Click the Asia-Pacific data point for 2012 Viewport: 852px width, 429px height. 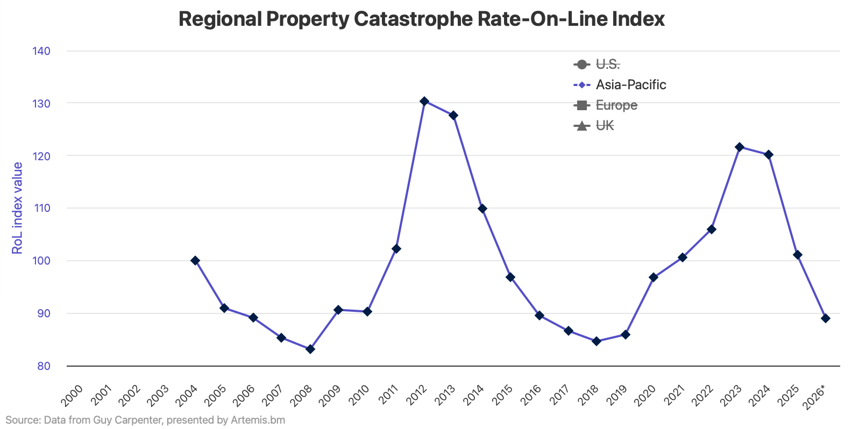tap(424, 101)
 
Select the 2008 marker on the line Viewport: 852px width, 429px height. tap(310, 349)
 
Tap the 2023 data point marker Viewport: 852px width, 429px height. tap(740, 147)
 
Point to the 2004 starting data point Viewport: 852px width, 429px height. tap(195, 260)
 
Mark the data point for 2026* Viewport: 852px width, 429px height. tap(826, 318)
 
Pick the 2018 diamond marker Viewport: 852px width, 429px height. tap(596, 341)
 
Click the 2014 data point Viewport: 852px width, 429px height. tap(482, 209)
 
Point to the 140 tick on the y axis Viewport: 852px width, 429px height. tap(41, 51)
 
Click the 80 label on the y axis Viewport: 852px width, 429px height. tap(44, 366)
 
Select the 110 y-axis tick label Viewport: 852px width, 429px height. tap(41, 208)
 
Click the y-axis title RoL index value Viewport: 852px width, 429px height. tap(17, 208)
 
